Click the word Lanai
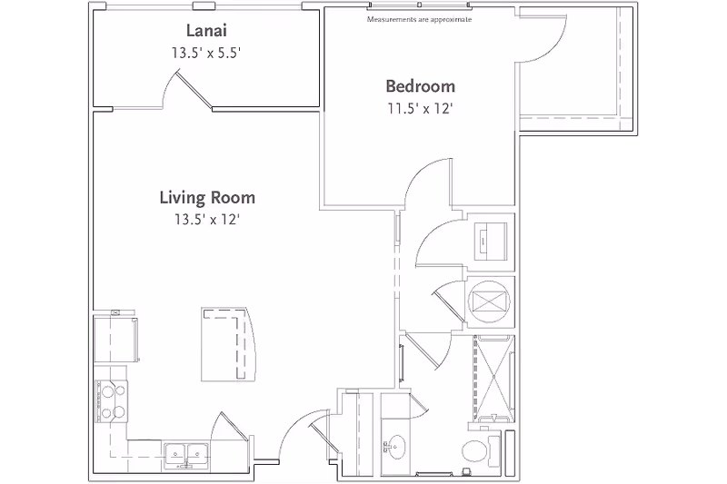pyautogui.click(x=206, y=31)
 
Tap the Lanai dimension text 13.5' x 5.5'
pyautogui.click(x=206, y=53)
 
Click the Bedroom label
pyautogui.click(x=420, y=87)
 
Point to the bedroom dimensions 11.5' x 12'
pyautogui.click(x=420, y=109)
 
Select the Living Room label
pyautogui.click(x=207, y=197)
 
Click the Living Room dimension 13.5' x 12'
pyautogui.click(x=207, y=219)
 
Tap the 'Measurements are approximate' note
pyautogui.click(x=419, y=19)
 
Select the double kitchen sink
pyautogui.click(x=187, y=451)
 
